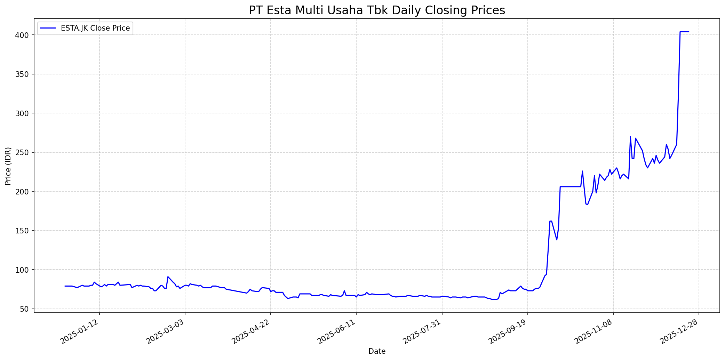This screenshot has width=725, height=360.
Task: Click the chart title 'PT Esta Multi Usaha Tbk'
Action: coord(377,10)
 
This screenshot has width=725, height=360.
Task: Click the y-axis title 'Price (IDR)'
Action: coord(8,166)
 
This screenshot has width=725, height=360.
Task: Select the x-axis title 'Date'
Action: coord(377,352)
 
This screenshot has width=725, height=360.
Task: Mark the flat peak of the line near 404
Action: coord(684,32)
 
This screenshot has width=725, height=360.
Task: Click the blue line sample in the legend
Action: coord(49,28)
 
